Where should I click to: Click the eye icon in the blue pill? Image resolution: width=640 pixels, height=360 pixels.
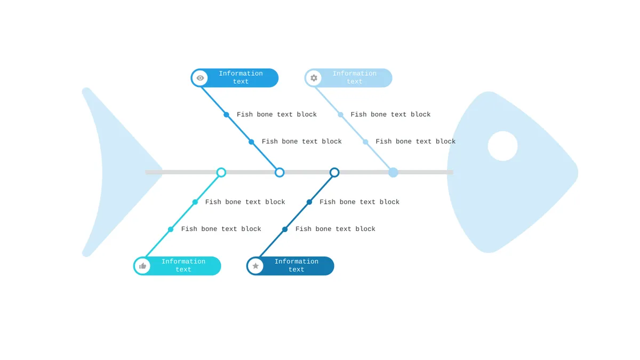point(201,78)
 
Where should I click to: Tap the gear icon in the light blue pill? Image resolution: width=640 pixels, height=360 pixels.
point(314,78)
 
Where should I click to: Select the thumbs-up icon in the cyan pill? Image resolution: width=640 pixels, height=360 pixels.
point(143,266)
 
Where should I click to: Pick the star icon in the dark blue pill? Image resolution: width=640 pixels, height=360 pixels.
point(255,266)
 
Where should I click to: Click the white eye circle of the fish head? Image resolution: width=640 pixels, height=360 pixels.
point(502,146)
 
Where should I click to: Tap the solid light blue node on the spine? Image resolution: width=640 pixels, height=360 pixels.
point(393,172)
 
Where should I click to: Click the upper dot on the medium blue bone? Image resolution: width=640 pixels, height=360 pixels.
point(226,115)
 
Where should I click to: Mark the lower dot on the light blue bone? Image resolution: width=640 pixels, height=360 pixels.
point(365,142)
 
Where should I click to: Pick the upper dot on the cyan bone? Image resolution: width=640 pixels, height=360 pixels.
point(195,202)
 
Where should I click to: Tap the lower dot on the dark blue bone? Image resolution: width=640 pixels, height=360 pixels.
point(285,229)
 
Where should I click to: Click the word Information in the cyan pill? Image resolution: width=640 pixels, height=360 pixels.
point(183,261)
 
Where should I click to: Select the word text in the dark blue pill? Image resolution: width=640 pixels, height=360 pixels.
point(297,269)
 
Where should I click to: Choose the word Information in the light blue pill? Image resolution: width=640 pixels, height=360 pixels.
point(355,74)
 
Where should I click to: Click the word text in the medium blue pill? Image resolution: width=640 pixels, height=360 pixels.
point(241,82)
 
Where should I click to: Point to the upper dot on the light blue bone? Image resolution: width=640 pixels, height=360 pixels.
point(340,115)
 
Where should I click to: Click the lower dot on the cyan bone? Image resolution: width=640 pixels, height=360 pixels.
point(171,229)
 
